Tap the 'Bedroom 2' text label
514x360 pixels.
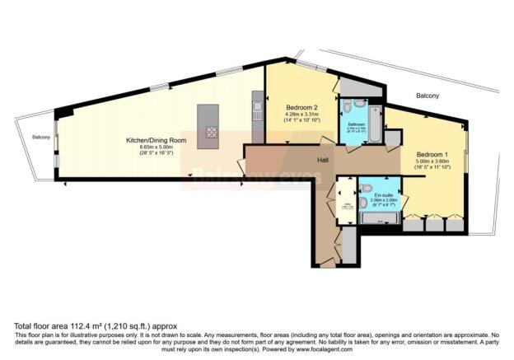click(302, 108)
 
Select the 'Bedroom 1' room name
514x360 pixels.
click(432, 155)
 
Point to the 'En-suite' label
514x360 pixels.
click(384, 193)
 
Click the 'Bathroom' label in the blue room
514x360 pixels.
click(356, 124)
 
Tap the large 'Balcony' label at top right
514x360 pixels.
click(428, 96)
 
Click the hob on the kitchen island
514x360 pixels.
click(211, 132)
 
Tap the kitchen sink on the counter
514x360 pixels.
click(258, 106)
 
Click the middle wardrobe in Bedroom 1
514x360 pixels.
click(430, 223)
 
